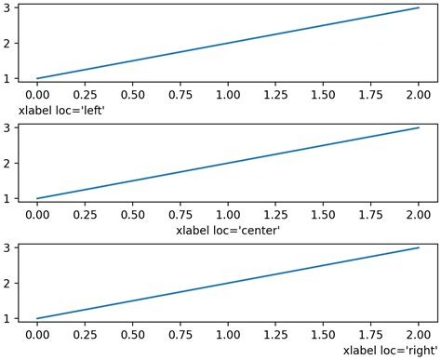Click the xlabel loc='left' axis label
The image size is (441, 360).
click(x=56, y=110)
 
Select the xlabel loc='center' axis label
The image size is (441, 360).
click(x=228, y=230)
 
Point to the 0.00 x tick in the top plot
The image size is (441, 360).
click(x=37, y=95)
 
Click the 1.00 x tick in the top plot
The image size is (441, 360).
click(x=228, y=95)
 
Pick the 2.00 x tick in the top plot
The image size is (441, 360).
click(x=419, y=95)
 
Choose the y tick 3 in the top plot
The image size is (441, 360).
click(x=8, y=8)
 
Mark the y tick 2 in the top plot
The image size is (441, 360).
click(x=8, y=43)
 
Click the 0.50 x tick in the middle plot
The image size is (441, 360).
click(x=132, y=215)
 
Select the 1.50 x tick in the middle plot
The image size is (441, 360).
click(x=324, y=215)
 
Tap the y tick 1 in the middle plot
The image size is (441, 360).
click(x=8, y=198)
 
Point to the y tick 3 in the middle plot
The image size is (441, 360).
click(x=8, y=128)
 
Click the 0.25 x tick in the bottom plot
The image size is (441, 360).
click(x=85, y=335)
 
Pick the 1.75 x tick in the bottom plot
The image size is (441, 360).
click(x=371, y=335)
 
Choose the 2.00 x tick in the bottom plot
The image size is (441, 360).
click(x=419, y=335)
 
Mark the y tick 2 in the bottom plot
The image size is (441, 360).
click(x=8, y=283)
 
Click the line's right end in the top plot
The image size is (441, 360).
click(x=419, y=8)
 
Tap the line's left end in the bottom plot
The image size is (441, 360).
click(x=37, y=318)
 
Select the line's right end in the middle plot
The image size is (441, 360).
click(x=419, y=128)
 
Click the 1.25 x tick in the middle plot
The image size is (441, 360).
click(x=275, y=215)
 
